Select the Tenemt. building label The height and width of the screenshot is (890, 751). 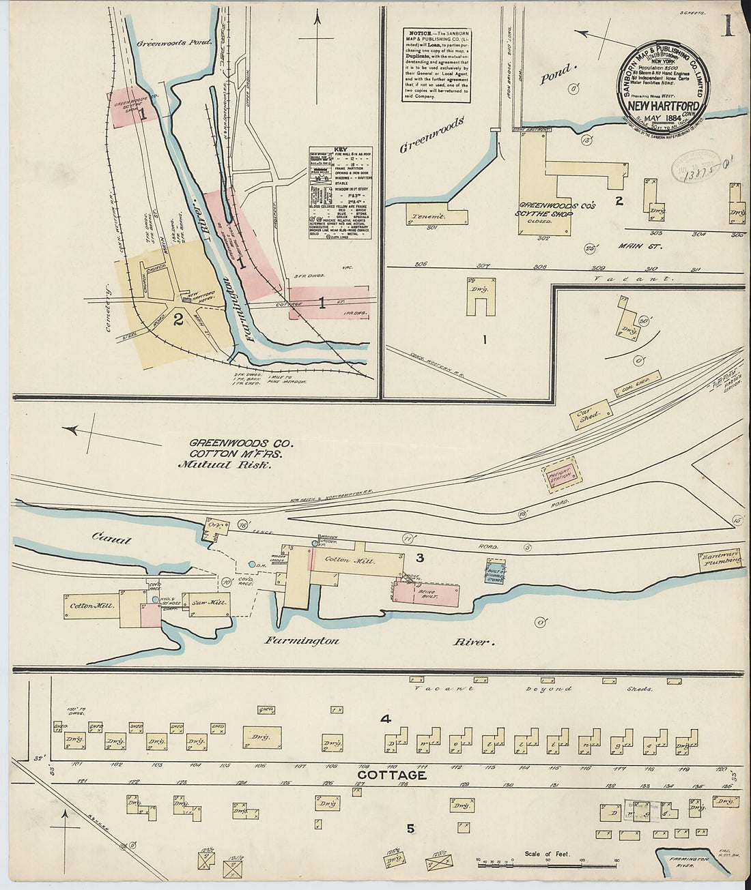(427, 216)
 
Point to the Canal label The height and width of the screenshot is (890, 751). (111, 539)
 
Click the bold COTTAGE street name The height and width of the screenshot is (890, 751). (392, 775)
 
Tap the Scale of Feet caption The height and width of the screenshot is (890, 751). (547, 853)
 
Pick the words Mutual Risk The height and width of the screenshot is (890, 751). (225, 465)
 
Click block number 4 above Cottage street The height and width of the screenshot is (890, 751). (386, 718)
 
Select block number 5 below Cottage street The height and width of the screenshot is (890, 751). (410, 829)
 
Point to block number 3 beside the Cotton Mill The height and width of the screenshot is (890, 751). (420, 558)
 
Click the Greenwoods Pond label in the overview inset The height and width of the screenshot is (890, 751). (175, 42)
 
